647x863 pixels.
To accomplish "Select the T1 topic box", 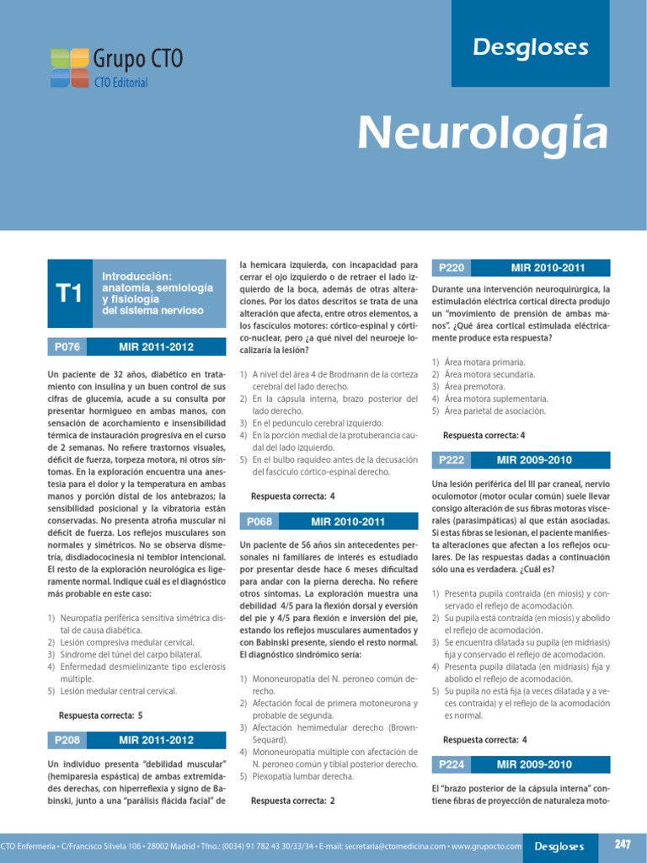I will click(68, 293).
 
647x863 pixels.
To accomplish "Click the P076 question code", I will click(67, 346).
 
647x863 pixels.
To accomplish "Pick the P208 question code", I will click(67, 740).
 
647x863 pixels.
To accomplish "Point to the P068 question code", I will click(259, 523).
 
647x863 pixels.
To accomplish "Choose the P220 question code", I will click(452, 268).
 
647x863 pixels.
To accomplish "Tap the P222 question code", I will click(452, 460).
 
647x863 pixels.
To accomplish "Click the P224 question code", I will click(452, 764).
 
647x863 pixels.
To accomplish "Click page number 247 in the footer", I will click(623, 844).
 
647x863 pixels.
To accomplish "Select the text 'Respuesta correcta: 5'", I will click(101, 716).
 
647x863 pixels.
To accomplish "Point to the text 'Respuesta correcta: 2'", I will click(293, 801).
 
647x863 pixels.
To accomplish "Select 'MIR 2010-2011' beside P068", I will click(347, 523).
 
